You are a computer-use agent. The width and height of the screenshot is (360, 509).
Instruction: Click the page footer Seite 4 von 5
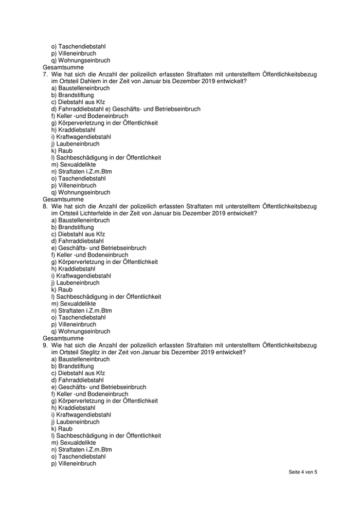coord(303,472)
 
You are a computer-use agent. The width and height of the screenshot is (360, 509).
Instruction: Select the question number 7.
coord(45,75)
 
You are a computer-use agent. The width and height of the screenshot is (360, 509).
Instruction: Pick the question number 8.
coord(45,206)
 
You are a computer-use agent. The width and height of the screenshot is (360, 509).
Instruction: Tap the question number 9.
coord(45,345)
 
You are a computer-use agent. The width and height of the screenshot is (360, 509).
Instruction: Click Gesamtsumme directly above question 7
coord(63,67)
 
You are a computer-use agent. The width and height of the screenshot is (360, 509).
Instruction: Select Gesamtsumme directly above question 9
coord(63,338)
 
